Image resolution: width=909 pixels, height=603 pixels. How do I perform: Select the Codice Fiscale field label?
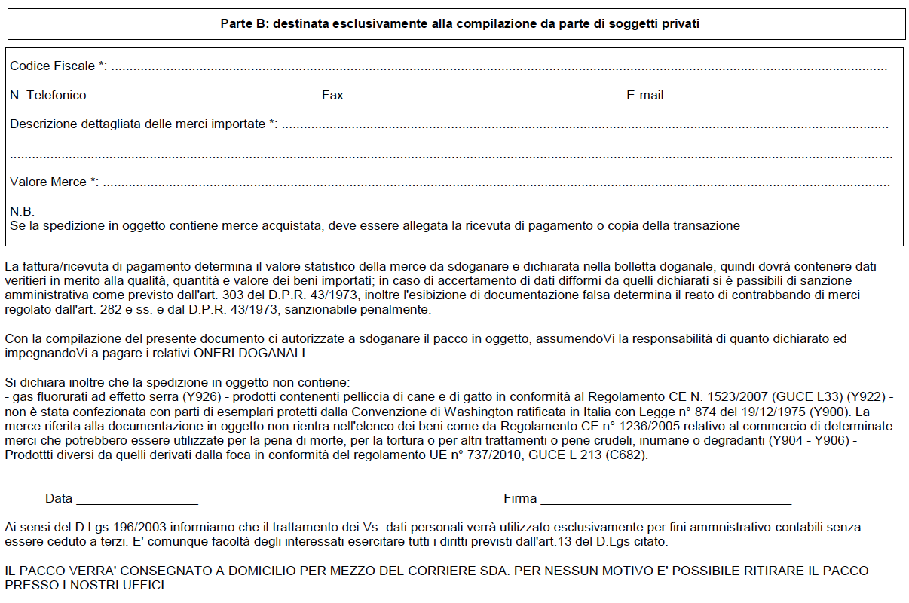(53, 66)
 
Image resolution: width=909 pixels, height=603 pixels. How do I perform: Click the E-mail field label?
(646, 96)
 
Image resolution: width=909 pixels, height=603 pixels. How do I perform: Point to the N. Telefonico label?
(50, 96)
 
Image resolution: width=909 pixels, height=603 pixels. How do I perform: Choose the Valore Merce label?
(50, 182)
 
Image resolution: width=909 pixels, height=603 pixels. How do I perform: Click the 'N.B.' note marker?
(23, 211)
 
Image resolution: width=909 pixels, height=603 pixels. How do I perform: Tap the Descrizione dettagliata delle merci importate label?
(137, 124)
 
